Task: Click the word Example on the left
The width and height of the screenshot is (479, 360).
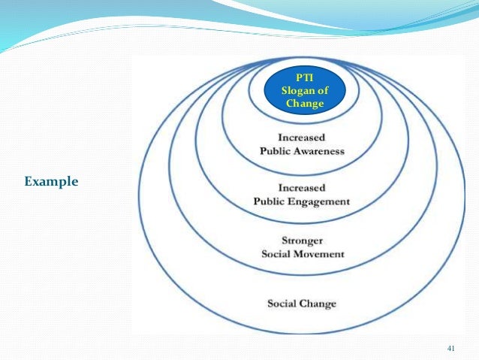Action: click(x=51, y=181)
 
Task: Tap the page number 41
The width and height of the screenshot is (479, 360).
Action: click(x=451, y=346)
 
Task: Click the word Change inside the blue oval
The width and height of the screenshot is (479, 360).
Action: click(x=303, y=104)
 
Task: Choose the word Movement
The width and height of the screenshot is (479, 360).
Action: click(x=320, y=254)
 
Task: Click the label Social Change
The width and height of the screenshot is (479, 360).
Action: click(x=302, y=304)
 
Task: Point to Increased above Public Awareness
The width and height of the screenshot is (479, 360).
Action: click(x=302, y=138)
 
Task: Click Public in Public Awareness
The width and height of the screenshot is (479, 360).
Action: click(x=275, y=150)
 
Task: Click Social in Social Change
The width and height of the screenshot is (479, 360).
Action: click(x=282, y=304)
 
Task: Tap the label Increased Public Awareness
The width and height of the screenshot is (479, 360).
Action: click(x=302, y=144)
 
